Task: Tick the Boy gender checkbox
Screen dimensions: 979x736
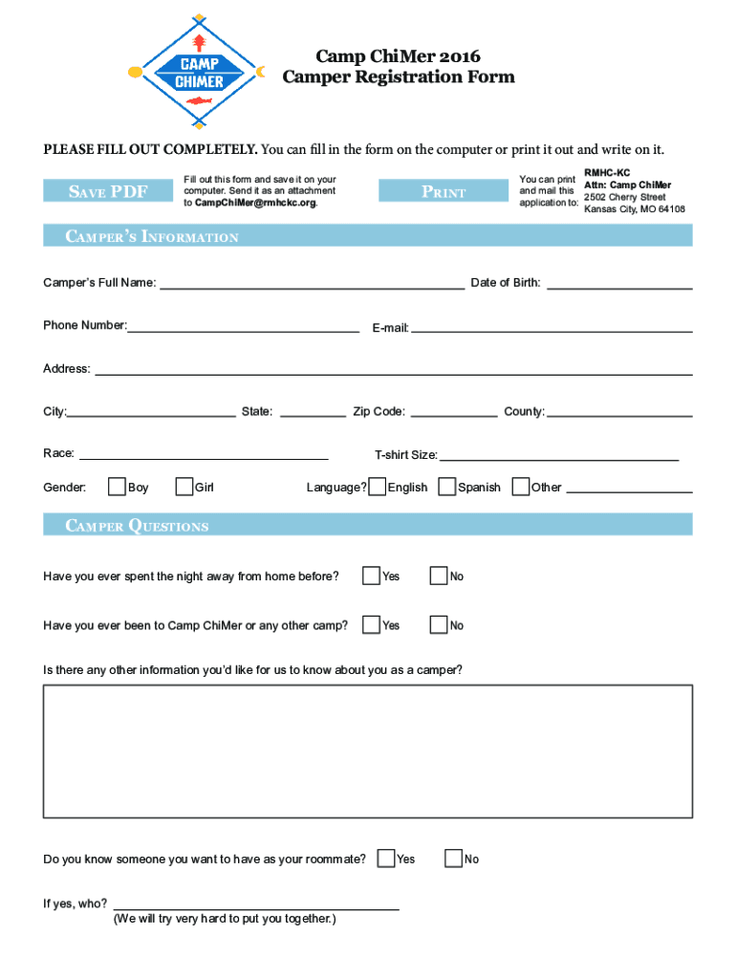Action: pyautogui.click(x=118, y=488)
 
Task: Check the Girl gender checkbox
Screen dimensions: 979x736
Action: pyautogui.click(x=184, y=488)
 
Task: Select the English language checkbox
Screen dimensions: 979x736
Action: pyautogui.click(x=378, y=488)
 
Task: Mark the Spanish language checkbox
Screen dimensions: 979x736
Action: pyautogui.click(x=446, y=488)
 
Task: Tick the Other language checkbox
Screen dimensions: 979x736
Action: pyautogui.click(x=521, y=488)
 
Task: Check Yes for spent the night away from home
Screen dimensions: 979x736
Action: pyautogui.click(x=371, y=576)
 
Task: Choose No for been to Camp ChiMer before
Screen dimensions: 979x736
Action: pyautogui.click(x=439, y=625)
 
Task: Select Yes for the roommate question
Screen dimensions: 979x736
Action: pyautogui.click(x=386, y=859)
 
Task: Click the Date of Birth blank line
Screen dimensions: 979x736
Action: pyautogui.click(x=619, y=281)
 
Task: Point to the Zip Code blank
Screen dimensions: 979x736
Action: pyautogui.click(x=453, y=411)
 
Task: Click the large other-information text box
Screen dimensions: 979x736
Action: pyautogui.click(x=368, y=751)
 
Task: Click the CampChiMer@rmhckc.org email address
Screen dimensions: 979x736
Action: pyautogui.click(x=255, y=203)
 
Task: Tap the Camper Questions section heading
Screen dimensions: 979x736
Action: pyautogui.click(x=137, y=526)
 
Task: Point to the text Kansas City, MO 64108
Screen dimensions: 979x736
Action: pyautogui.click(x=635, y=208)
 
